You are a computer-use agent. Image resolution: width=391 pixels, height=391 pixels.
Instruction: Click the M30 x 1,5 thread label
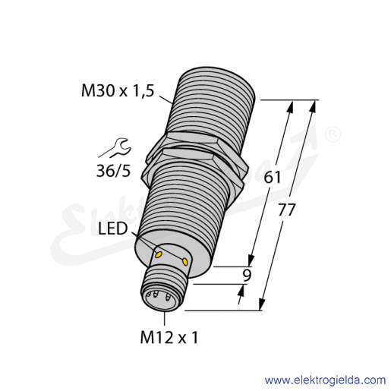[x=118, y=91]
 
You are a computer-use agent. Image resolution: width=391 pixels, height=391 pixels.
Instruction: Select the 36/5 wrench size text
[x=113, y=171]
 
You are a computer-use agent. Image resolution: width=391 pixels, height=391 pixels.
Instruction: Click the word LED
[x=112, y=229]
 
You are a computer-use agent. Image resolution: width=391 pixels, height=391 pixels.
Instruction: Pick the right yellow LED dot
[x=185, y=261]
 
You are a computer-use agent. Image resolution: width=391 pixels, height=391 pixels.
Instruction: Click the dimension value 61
[x=273, y=178]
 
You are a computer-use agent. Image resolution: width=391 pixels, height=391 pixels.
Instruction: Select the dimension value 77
[x=287, y=210]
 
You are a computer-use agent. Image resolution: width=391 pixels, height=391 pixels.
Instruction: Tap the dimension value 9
[x=247, y=276]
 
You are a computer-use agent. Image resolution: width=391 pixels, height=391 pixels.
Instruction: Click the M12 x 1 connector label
[x=169, y=338]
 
